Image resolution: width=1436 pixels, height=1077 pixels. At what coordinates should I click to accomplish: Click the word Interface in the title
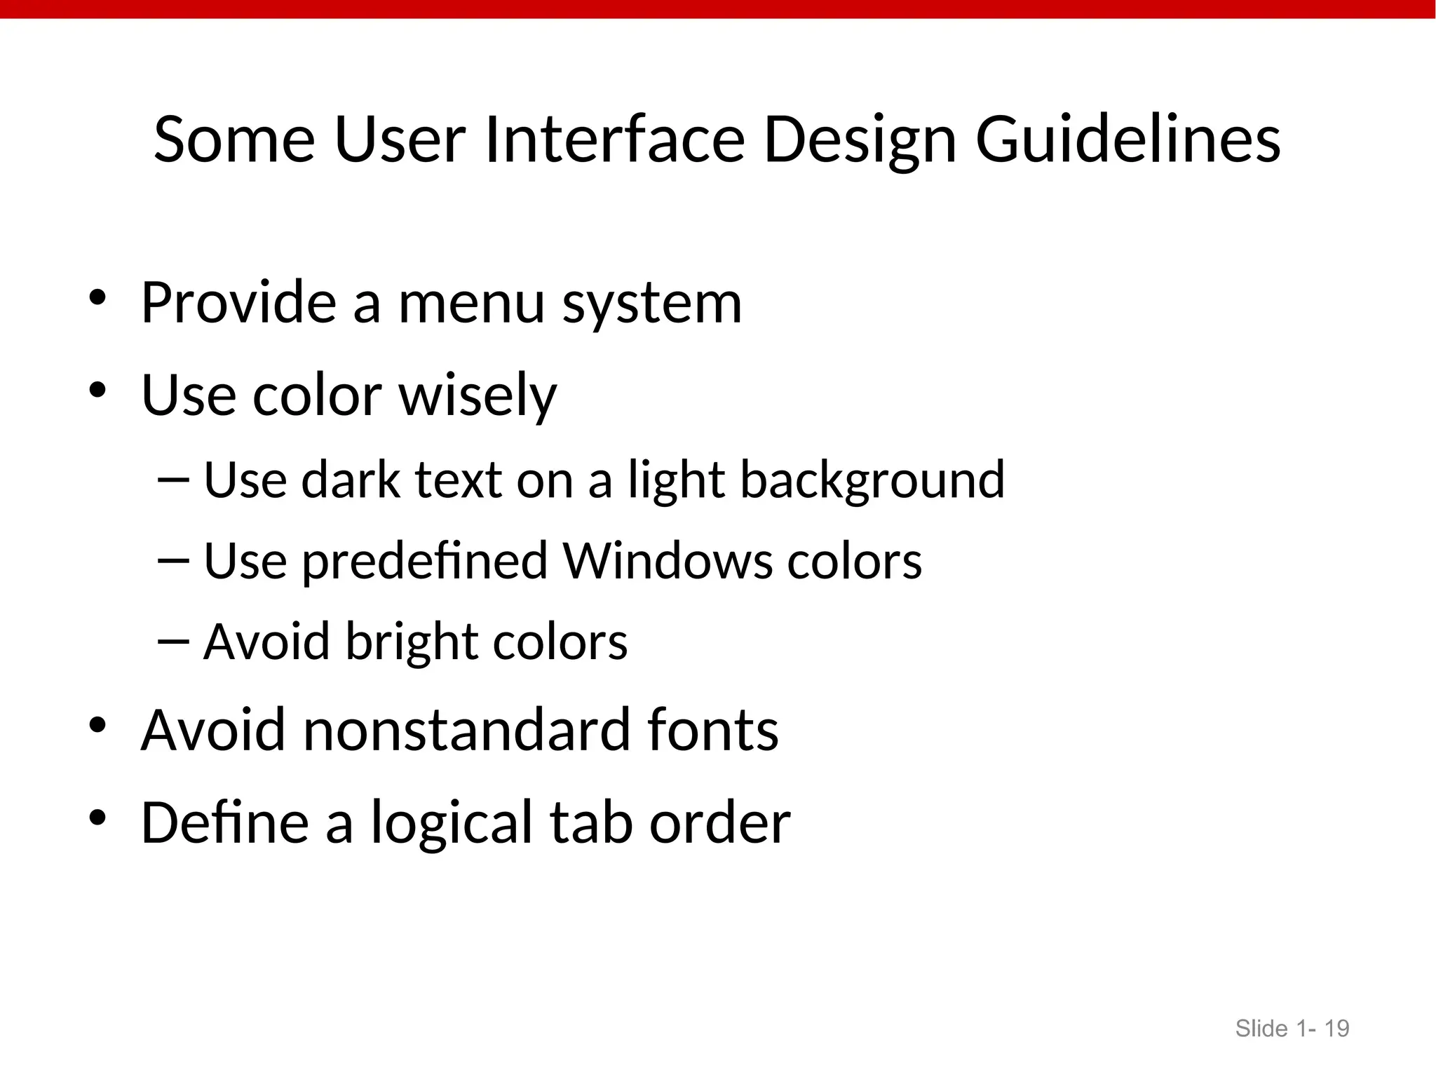(x=614, y=140)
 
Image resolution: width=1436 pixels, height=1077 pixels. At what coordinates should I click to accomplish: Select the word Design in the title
(x=860, y=140)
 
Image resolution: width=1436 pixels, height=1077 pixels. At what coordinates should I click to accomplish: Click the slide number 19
(x=1336, y=1029)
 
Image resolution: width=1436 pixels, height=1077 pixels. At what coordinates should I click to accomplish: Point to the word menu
(x=471, y=304)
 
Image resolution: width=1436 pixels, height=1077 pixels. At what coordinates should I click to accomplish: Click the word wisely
(x=477, y=396)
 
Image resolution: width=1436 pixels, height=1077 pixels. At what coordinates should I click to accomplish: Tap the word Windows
(x=667, y=562)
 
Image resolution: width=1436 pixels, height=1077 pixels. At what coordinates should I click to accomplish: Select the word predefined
(x=425, y=562)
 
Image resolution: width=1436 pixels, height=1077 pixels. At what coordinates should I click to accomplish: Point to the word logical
(x=452, y=823)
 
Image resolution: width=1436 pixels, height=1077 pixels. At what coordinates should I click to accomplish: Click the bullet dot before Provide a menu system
(x=97, y=299)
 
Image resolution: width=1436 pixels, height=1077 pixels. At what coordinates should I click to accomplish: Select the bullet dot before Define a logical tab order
(x=97, y=818)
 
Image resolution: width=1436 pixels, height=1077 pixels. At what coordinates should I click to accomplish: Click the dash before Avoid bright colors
(x=174, y=641)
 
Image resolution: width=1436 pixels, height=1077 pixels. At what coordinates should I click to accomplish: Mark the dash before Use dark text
(x=174, y=480)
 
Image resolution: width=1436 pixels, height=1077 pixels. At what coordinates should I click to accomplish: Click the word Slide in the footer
(x=1261, y=1029)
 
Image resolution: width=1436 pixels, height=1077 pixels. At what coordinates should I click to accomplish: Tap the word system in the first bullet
(x=651, y=305)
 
